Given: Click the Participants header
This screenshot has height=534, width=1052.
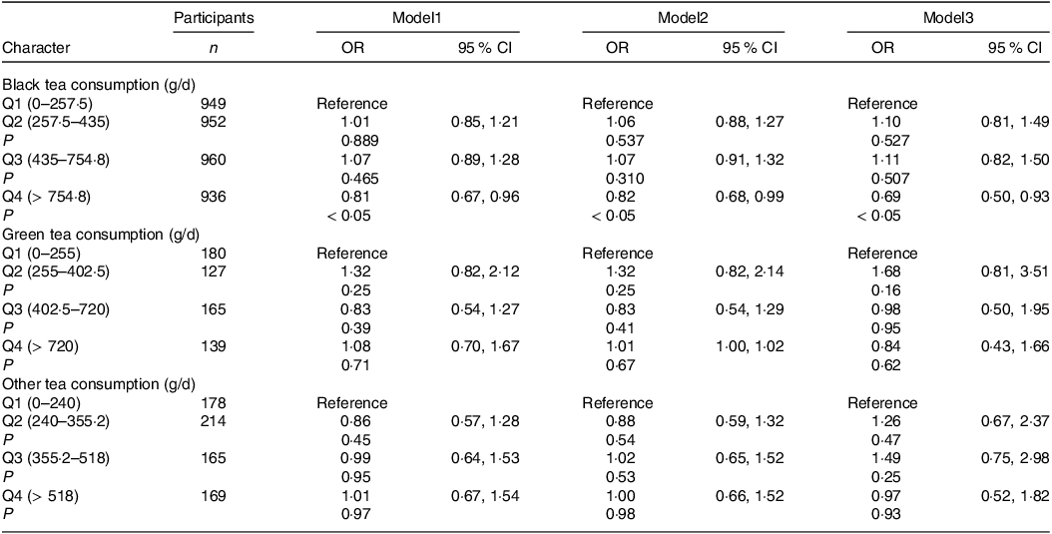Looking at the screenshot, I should coord(213,19).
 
